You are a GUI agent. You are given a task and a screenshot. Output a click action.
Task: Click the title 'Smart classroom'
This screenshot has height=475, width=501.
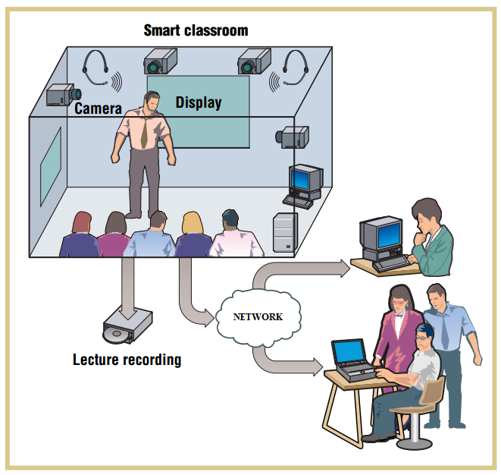tap(196, 31)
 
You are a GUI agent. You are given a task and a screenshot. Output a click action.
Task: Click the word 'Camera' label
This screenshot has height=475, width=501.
tap(98, 109)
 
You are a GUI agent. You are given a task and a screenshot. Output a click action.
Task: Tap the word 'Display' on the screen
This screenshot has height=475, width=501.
tap(199, 102)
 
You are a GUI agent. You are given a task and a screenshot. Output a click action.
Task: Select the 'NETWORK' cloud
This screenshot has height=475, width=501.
tap(257, 316)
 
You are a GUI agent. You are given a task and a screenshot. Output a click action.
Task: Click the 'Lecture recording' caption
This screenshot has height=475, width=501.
tap(127, 359)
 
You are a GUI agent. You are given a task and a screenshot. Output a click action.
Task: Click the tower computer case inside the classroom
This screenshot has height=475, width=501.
tap(285, 231)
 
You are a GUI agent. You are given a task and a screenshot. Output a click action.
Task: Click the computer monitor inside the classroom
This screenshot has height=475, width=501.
tap(305, 180)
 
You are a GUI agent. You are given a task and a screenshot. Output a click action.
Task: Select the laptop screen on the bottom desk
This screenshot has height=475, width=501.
tap(349, 352)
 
